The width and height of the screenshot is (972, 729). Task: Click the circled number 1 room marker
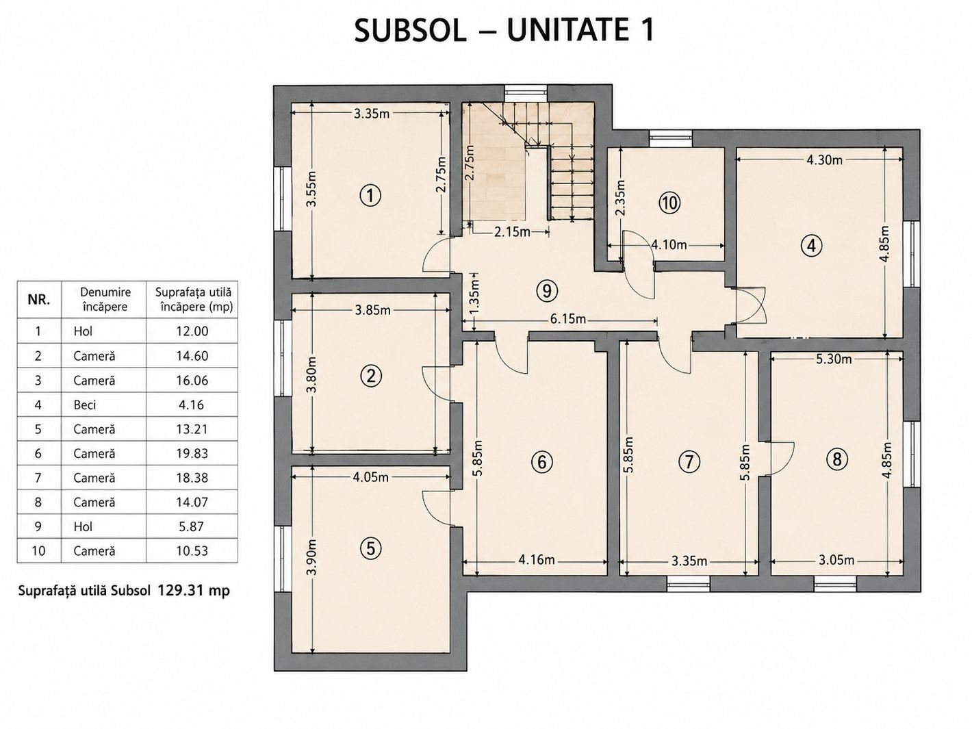coord(370,196)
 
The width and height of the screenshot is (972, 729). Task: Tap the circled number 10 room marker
coord(669,203)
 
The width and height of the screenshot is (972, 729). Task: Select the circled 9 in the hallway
coord(547,291)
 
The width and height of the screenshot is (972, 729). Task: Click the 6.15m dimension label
coord(568,319)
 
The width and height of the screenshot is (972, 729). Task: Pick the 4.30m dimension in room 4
coord(825,159)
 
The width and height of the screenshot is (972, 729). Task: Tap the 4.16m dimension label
coord(537,560)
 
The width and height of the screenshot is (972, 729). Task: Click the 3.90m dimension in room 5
coord(312,557)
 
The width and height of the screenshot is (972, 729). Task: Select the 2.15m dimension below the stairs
coord(512,231)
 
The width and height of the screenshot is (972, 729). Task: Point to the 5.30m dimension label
coord(834,359)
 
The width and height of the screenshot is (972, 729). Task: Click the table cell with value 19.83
coord(192,453)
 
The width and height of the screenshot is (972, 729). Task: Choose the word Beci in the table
coord(85,405)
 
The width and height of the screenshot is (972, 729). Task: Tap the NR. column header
coord(39,300)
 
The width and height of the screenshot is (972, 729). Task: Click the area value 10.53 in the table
coord(192,550)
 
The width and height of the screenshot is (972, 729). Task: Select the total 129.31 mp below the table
coord(194,590)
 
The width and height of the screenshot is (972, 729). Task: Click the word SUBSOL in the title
coord(411,31)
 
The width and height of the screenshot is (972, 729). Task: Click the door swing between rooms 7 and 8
coord(781,459)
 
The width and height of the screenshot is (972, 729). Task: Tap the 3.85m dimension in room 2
coord(373,310)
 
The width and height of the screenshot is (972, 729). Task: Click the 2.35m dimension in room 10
coord(620,197)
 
